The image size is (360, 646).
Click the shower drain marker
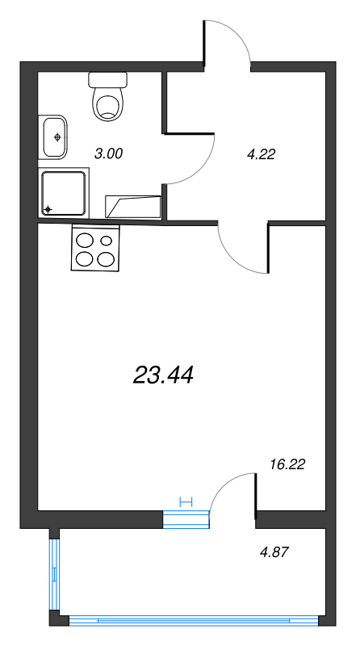point(48,209)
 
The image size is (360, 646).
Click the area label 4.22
point(261,156)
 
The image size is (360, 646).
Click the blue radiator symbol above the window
point(186,501)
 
